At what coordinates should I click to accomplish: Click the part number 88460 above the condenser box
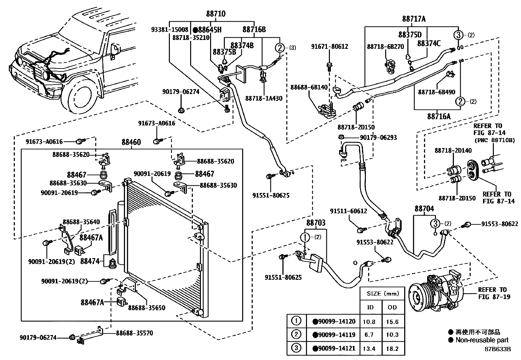(x=131, y=142)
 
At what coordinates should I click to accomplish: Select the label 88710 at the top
(x=216, y=14)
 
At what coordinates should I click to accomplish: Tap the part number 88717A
(x=414, y=19)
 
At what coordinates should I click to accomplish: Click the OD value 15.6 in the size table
(x=392, y=322)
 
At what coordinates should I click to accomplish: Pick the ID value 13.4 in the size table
(x=369, y=349)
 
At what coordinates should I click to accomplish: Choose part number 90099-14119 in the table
(x=334, y=335)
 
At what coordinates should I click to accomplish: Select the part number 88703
(x=316, y=223)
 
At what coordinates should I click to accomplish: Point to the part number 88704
(x=424, y=209)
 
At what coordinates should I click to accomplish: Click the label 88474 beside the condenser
(x=90, y=261)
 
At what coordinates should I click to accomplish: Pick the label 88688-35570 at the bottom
(x=134, y=333)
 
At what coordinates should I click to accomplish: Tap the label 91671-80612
(x=330, y=47)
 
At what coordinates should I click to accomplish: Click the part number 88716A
(x=439, y=116)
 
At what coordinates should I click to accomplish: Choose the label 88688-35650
(x=147, y=308)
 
